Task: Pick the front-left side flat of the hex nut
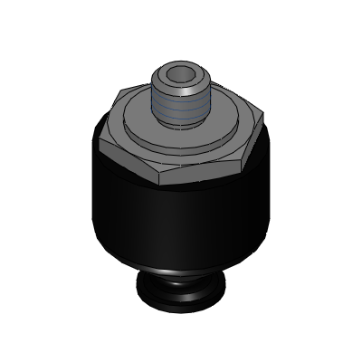[131, 167]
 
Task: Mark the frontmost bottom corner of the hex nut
[164, 186]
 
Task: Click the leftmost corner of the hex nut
[98, 137]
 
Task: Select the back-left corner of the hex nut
[122, 89]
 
